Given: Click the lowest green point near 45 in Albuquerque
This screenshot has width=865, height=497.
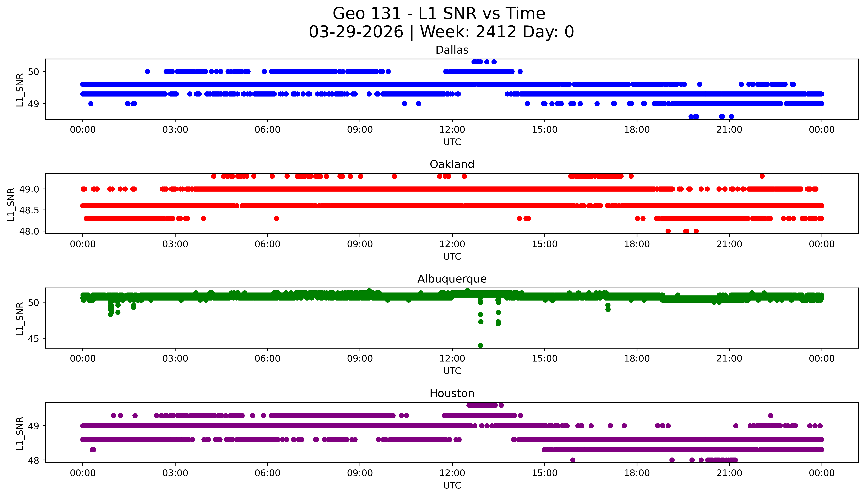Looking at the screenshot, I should point(481,345).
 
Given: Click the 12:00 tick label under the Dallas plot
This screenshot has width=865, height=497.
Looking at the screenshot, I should point(452,130).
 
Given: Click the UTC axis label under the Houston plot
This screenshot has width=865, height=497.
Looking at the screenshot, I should point(452,485).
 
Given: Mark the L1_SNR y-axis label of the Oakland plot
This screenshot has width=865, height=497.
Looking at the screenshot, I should point(11,204).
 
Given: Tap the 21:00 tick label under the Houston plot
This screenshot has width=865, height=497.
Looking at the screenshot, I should point(729,473).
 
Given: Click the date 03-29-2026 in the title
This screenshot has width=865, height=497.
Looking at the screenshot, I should point(356,32).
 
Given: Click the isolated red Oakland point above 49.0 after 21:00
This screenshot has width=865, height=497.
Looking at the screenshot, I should point(762,176).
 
